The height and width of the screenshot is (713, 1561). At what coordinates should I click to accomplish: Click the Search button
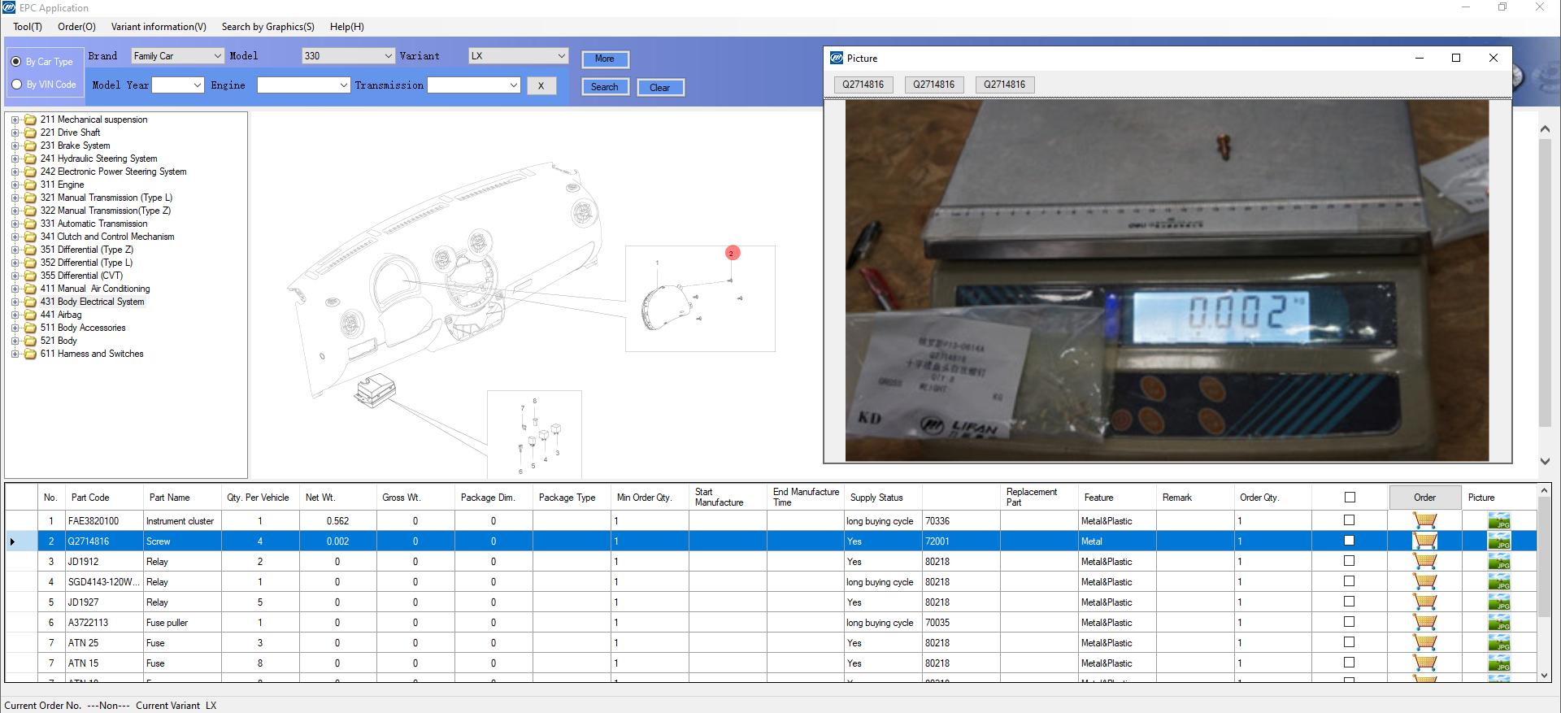pyautogui.click(x=604, y=87)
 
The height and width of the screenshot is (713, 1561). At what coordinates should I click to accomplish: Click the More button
pyautogui.click(x=604, y=59)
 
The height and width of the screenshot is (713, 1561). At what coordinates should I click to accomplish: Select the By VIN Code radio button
pyautogui.click(x=16, y=85)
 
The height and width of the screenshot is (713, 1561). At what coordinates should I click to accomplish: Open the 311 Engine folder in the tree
pyautogui.click(x=62, y=185)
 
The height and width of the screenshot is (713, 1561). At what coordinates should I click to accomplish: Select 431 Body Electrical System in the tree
pyautogui.click(x=92, y=302)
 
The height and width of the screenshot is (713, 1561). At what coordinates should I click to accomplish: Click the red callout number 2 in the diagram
pyautogui.click(x=732, y=254)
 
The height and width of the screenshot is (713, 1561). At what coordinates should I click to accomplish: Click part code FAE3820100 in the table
pyautogui.click(x=93, y=521)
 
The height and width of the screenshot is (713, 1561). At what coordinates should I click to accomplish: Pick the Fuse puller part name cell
pyautogui.click(x=167, y=623)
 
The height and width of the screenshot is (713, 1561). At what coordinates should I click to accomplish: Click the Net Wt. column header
pyautogui.click(x=320, y=498)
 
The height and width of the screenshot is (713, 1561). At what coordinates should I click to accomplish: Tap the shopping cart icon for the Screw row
pyautogui.click(x=1424, y=541)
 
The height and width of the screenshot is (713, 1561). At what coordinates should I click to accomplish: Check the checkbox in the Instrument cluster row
pyautogui.click(x=1350, y=520)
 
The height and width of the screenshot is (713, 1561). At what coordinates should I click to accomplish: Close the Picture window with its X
pyautogui.click(x=1493, y=58)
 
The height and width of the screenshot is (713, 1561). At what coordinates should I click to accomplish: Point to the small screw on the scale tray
pyautogui.click(x=1221, y=147)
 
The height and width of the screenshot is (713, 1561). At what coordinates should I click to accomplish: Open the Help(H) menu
pyautogui.click(x=346, y=27)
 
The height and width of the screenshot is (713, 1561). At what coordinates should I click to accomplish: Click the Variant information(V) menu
pyautogui.click(x=159, y=27)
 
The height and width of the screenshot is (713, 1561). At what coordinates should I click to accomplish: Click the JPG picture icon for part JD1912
pyautogui.click(x=1498, y=562)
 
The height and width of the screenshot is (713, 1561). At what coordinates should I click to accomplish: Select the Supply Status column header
pyautogui.click(x=876, y=498)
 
